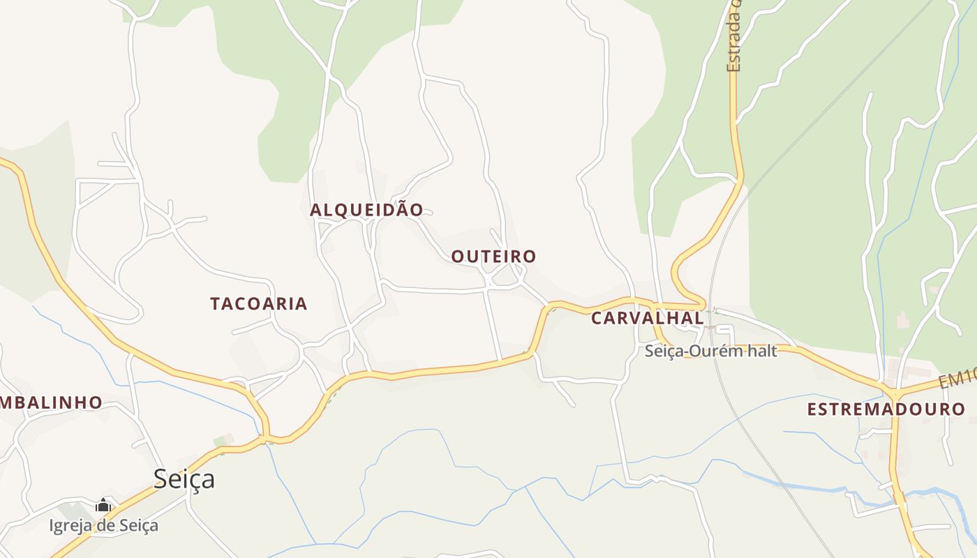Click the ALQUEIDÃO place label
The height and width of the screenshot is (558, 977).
[366, 210]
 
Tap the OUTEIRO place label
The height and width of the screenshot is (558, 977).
[493, 257]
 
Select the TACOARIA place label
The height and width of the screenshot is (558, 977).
[259, 303]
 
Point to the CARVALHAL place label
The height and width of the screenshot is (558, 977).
[648, 318]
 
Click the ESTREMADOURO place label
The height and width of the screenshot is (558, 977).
[886, 409]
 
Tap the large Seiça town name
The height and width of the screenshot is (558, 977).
[184, 479]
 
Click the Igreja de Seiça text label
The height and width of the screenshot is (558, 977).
[103, 525]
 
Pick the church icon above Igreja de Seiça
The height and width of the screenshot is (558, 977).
[103, 505]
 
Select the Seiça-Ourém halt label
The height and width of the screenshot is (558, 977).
[710, 351]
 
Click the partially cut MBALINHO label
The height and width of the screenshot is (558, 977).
[51, 402]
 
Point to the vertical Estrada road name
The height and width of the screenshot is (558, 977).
[733, 38]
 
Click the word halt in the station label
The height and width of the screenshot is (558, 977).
[762, 351]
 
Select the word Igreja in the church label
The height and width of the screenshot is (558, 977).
[68, 525]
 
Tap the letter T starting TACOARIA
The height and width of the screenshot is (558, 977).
[216, 303]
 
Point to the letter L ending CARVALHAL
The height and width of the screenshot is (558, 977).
[699, 318]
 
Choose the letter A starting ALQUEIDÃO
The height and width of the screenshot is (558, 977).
[315, 210]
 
